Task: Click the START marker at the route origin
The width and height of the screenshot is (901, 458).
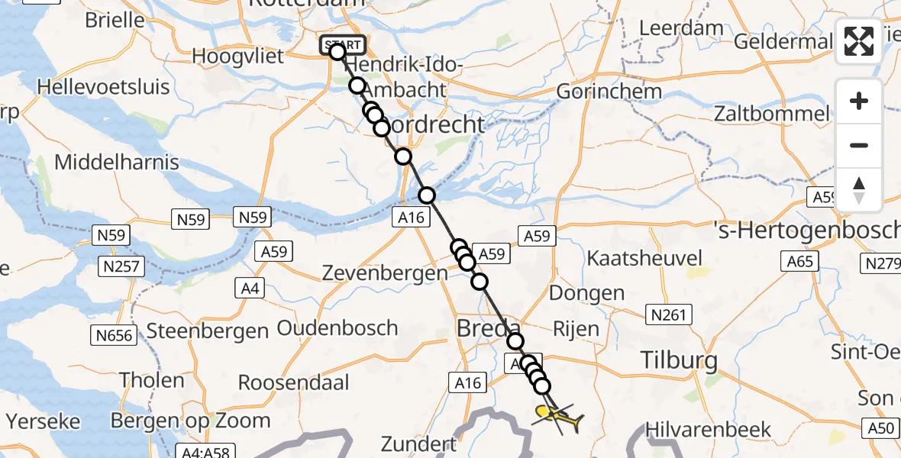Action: (342, 45)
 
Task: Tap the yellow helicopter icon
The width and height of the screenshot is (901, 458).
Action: (560, 417)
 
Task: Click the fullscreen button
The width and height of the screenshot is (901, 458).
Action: (859, 41)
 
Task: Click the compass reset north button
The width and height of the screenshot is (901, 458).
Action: (859, 190)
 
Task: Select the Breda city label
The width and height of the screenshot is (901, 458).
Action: (489, 330)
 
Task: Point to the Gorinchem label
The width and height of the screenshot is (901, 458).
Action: (609, 92)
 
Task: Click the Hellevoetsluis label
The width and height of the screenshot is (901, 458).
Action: (104, 85)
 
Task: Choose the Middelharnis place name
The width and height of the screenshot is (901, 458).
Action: (117, 162)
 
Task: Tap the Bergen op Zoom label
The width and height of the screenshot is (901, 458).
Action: (190, 421)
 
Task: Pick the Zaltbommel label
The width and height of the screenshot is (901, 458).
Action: (771, 114)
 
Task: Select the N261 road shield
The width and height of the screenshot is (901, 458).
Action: (667, 314)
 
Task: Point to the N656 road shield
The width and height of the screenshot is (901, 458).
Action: (113, 334)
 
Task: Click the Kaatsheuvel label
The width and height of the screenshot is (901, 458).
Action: (640, 257)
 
